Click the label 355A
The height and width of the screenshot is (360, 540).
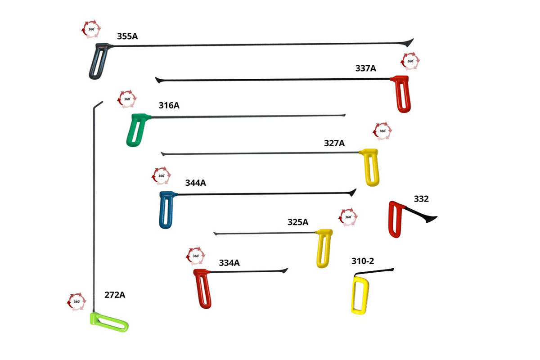(x=127, y=36)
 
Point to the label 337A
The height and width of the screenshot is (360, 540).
(x=365, y=68)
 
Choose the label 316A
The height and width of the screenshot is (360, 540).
(x=169, y=106)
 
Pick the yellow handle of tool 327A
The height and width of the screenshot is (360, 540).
(x=372, y=169)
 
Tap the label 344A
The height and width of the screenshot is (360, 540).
(x=195, y=183)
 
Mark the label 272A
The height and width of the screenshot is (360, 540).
(x=115, y=295)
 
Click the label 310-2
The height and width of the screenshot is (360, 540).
(x=363, y=261)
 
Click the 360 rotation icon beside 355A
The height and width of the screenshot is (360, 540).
(x=91, y=29)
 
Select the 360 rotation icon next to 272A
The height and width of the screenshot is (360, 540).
(x=76, y=301)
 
